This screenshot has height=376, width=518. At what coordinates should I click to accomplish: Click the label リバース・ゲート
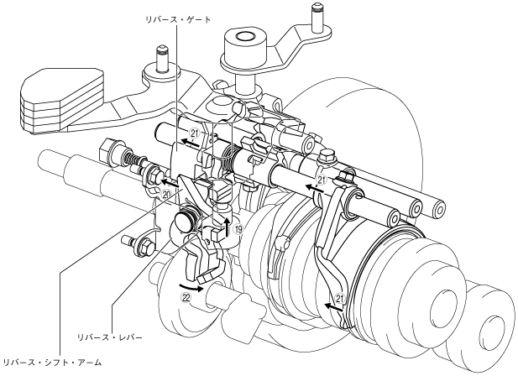(177, 15)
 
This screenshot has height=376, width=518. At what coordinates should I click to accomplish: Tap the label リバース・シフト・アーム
(52, 363)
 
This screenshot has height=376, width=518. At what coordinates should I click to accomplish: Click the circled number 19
(239, 228)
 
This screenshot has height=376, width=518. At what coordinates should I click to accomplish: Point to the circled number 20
(167, 194)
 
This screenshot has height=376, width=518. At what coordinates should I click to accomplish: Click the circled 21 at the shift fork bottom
(339, 297)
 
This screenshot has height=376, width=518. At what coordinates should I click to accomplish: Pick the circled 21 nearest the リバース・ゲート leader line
(194, 133)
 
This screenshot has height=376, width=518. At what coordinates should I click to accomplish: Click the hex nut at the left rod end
(107, 149)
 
